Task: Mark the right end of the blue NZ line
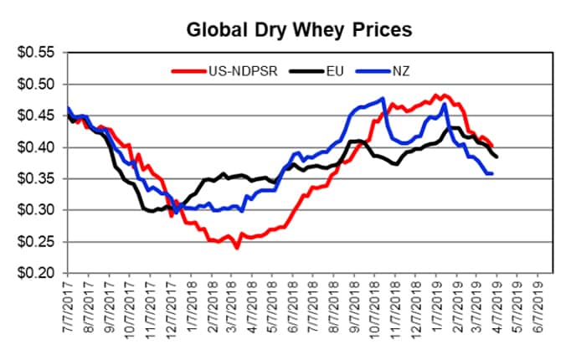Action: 491,173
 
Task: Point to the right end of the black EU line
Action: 497,157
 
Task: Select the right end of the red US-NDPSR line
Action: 492,146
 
